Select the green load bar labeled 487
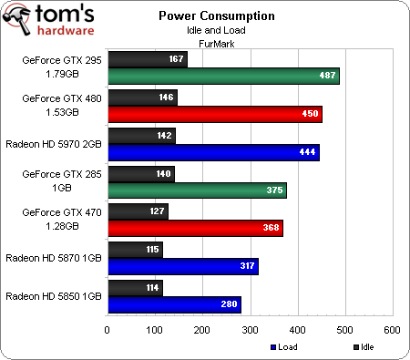[223, 77]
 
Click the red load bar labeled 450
[215, 114]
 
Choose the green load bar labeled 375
[197, 190]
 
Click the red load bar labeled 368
[195, 228]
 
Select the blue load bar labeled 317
[183, 266]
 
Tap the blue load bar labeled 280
[174, 303]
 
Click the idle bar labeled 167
[148, 60]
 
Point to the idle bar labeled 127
[138, 211]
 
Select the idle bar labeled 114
[135, 287]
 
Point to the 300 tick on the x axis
[250, 329]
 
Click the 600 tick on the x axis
[392, 329]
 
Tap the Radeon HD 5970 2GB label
[54, 136]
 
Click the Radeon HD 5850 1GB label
[54, 295]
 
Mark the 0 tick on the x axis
[108, 329]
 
